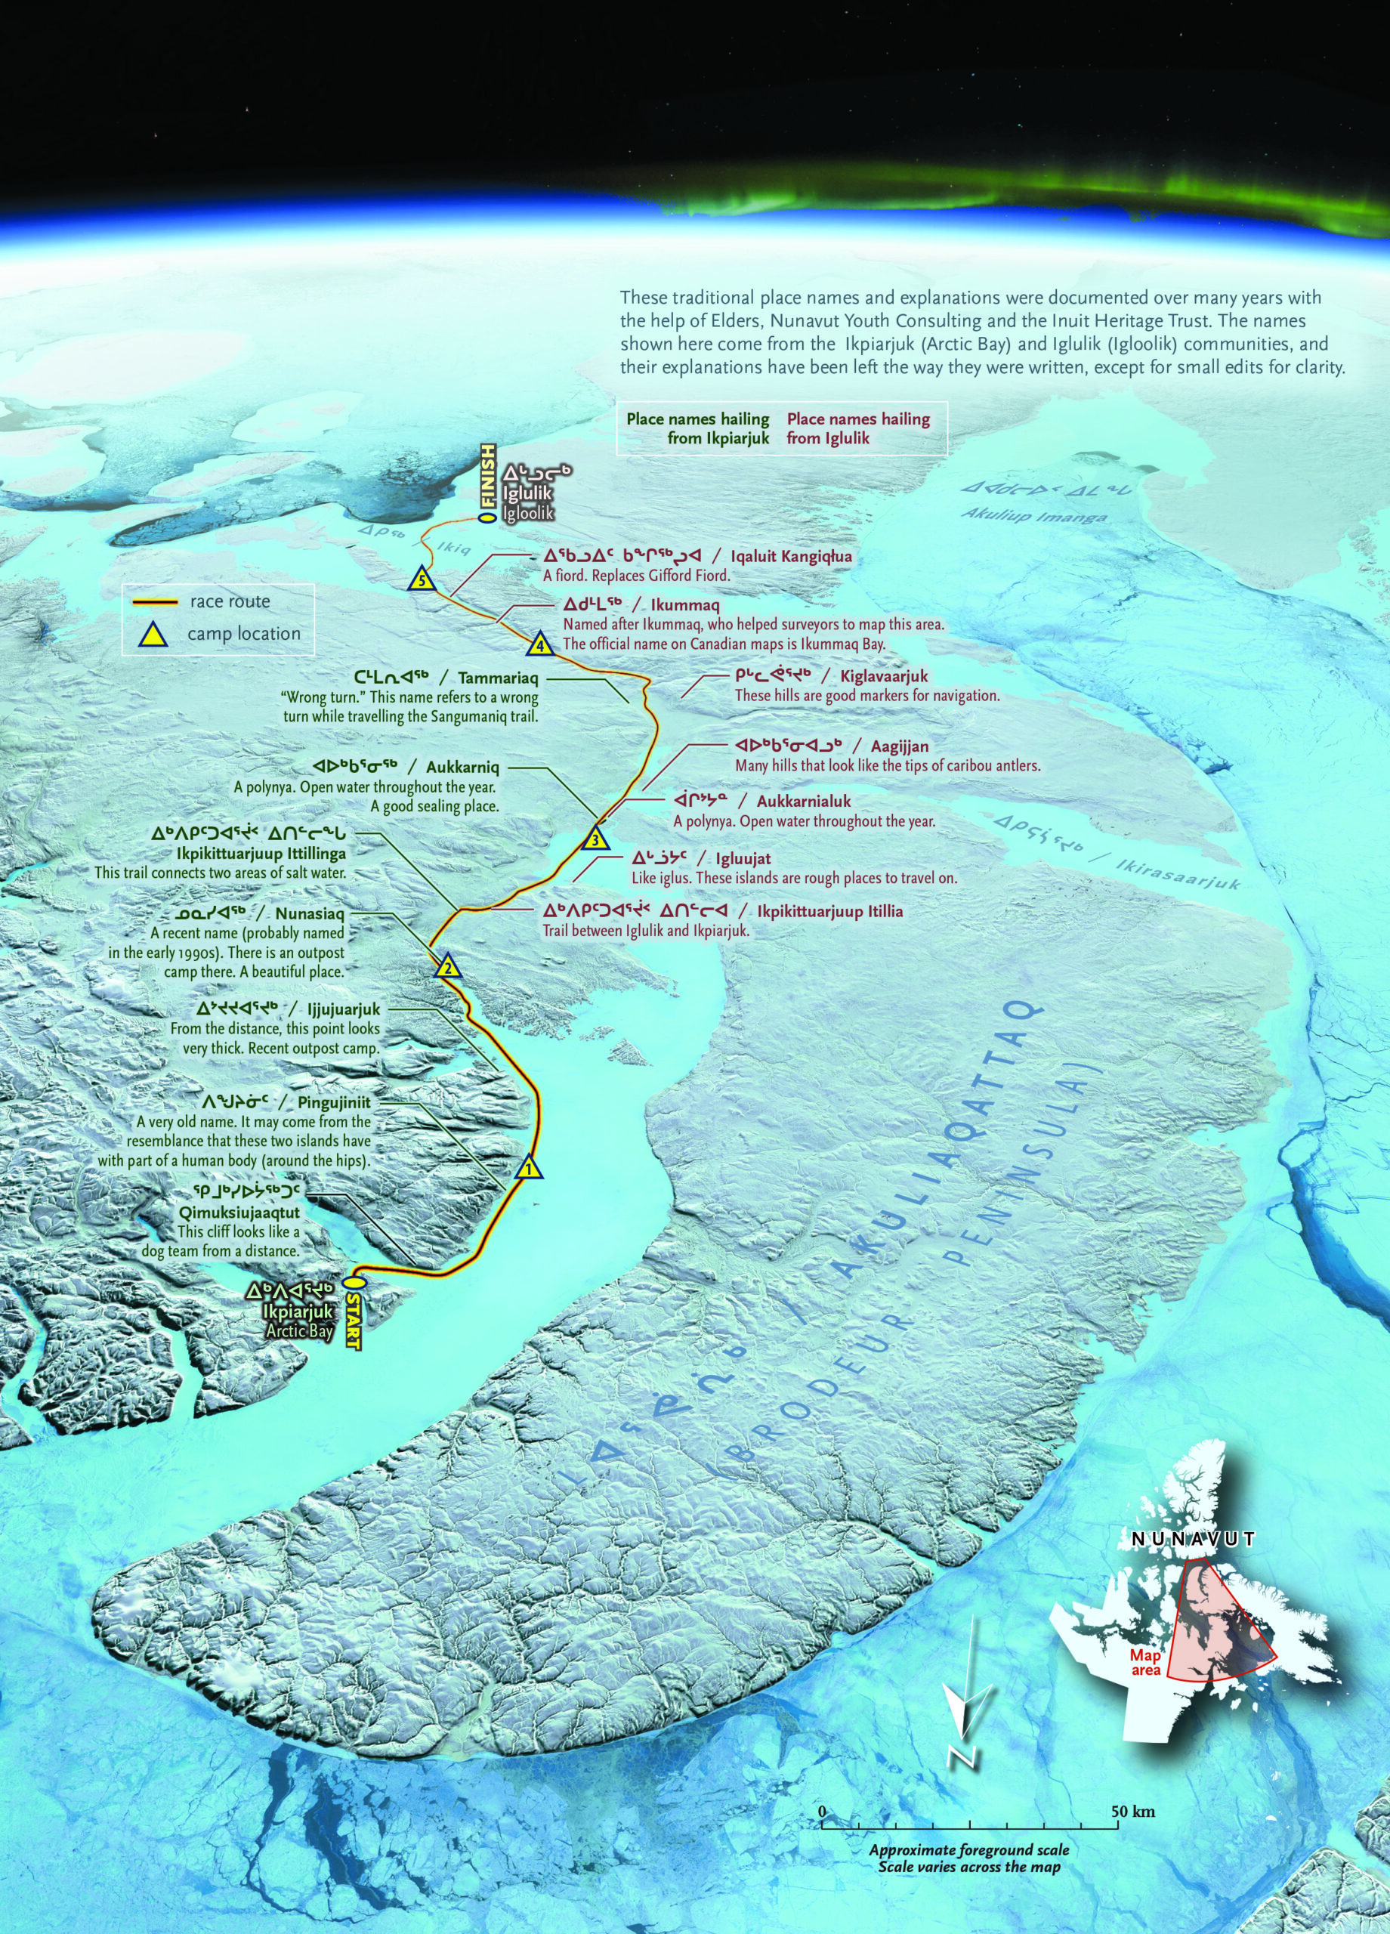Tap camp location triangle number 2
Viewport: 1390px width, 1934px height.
pos(447,967)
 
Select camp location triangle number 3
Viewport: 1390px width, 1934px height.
pos(595,839)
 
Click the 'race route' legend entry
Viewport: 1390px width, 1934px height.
pos(230,601)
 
